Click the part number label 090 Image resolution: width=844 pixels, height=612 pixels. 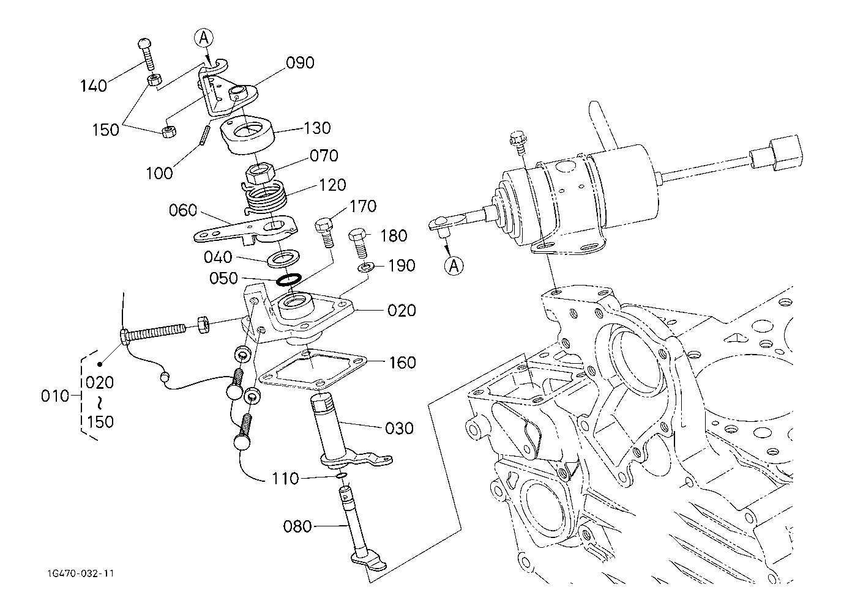click(300, 63)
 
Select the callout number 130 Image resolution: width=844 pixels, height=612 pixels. click(317, 128)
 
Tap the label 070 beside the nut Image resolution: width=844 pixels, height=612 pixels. click(324, 156)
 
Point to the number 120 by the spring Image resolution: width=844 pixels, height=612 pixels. click(332, 185)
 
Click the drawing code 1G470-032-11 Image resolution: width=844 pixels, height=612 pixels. click(81, 573)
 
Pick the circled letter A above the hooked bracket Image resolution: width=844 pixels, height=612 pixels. click(204, 38)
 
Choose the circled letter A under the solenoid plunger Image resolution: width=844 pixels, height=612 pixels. click(454, 266)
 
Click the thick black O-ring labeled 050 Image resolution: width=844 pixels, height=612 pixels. click(289, 279)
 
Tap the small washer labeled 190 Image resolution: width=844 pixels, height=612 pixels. click(365, 268)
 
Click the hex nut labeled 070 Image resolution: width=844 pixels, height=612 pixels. click(260, 172)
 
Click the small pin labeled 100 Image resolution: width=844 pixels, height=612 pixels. click(206, 134)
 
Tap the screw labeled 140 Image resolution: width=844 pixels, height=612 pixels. click(147, 53)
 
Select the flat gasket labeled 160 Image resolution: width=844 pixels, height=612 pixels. click(314, 369)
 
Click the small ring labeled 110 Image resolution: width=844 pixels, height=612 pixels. click(341, 476)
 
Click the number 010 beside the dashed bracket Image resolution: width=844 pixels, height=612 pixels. click(55, 396)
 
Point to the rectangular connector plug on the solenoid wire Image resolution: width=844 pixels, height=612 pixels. click(775, 153)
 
